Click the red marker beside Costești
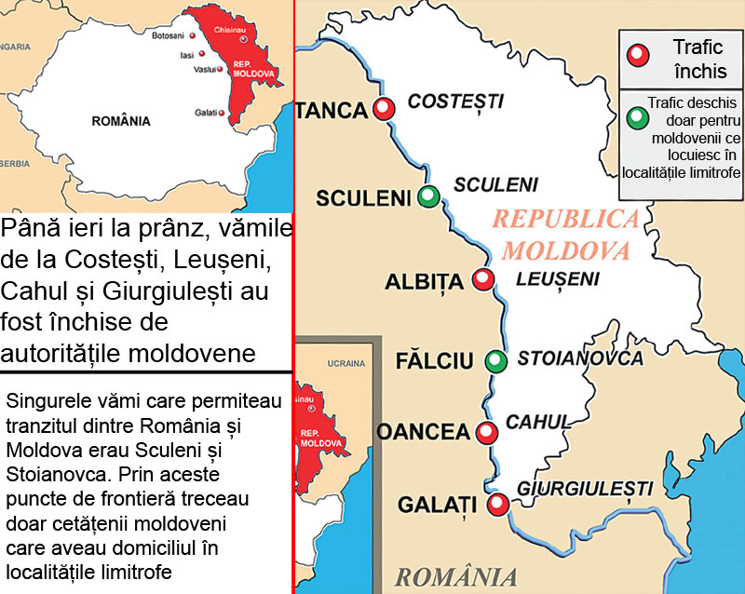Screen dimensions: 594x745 (x=383, y=109)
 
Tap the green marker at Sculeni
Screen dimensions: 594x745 (x=428, y=196)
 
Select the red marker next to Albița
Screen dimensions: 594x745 (x=482, y=278)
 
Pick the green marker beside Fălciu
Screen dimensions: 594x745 (x=495, y=360)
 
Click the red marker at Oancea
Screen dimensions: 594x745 (x=485, y=432)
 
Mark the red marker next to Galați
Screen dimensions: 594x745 (x=498, y=505)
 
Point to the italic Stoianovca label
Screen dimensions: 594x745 (x=580, y=358)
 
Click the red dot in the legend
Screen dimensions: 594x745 (x=638, y=56)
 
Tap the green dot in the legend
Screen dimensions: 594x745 (x=638, y=118)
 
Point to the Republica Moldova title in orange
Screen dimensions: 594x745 (x=566, y=235)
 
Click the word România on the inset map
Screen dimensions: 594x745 (x=121, y=120)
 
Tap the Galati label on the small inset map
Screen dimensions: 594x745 (x=206, y=113)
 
